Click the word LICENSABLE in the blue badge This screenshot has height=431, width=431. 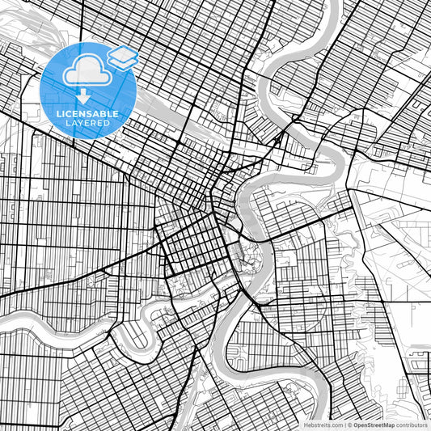coord(87,114)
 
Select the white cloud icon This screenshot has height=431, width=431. coord(84,71)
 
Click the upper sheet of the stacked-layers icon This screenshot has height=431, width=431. coord(123,53)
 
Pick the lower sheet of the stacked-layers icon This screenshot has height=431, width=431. coord(123,61)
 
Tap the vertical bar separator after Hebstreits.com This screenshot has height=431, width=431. coord(345,424)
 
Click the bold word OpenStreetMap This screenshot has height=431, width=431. coord(377,424)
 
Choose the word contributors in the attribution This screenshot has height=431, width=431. coord(413,424)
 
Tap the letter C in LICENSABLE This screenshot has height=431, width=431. coord(71,114)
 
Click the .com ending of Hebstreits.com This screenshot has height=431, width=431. coord(336,424)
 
